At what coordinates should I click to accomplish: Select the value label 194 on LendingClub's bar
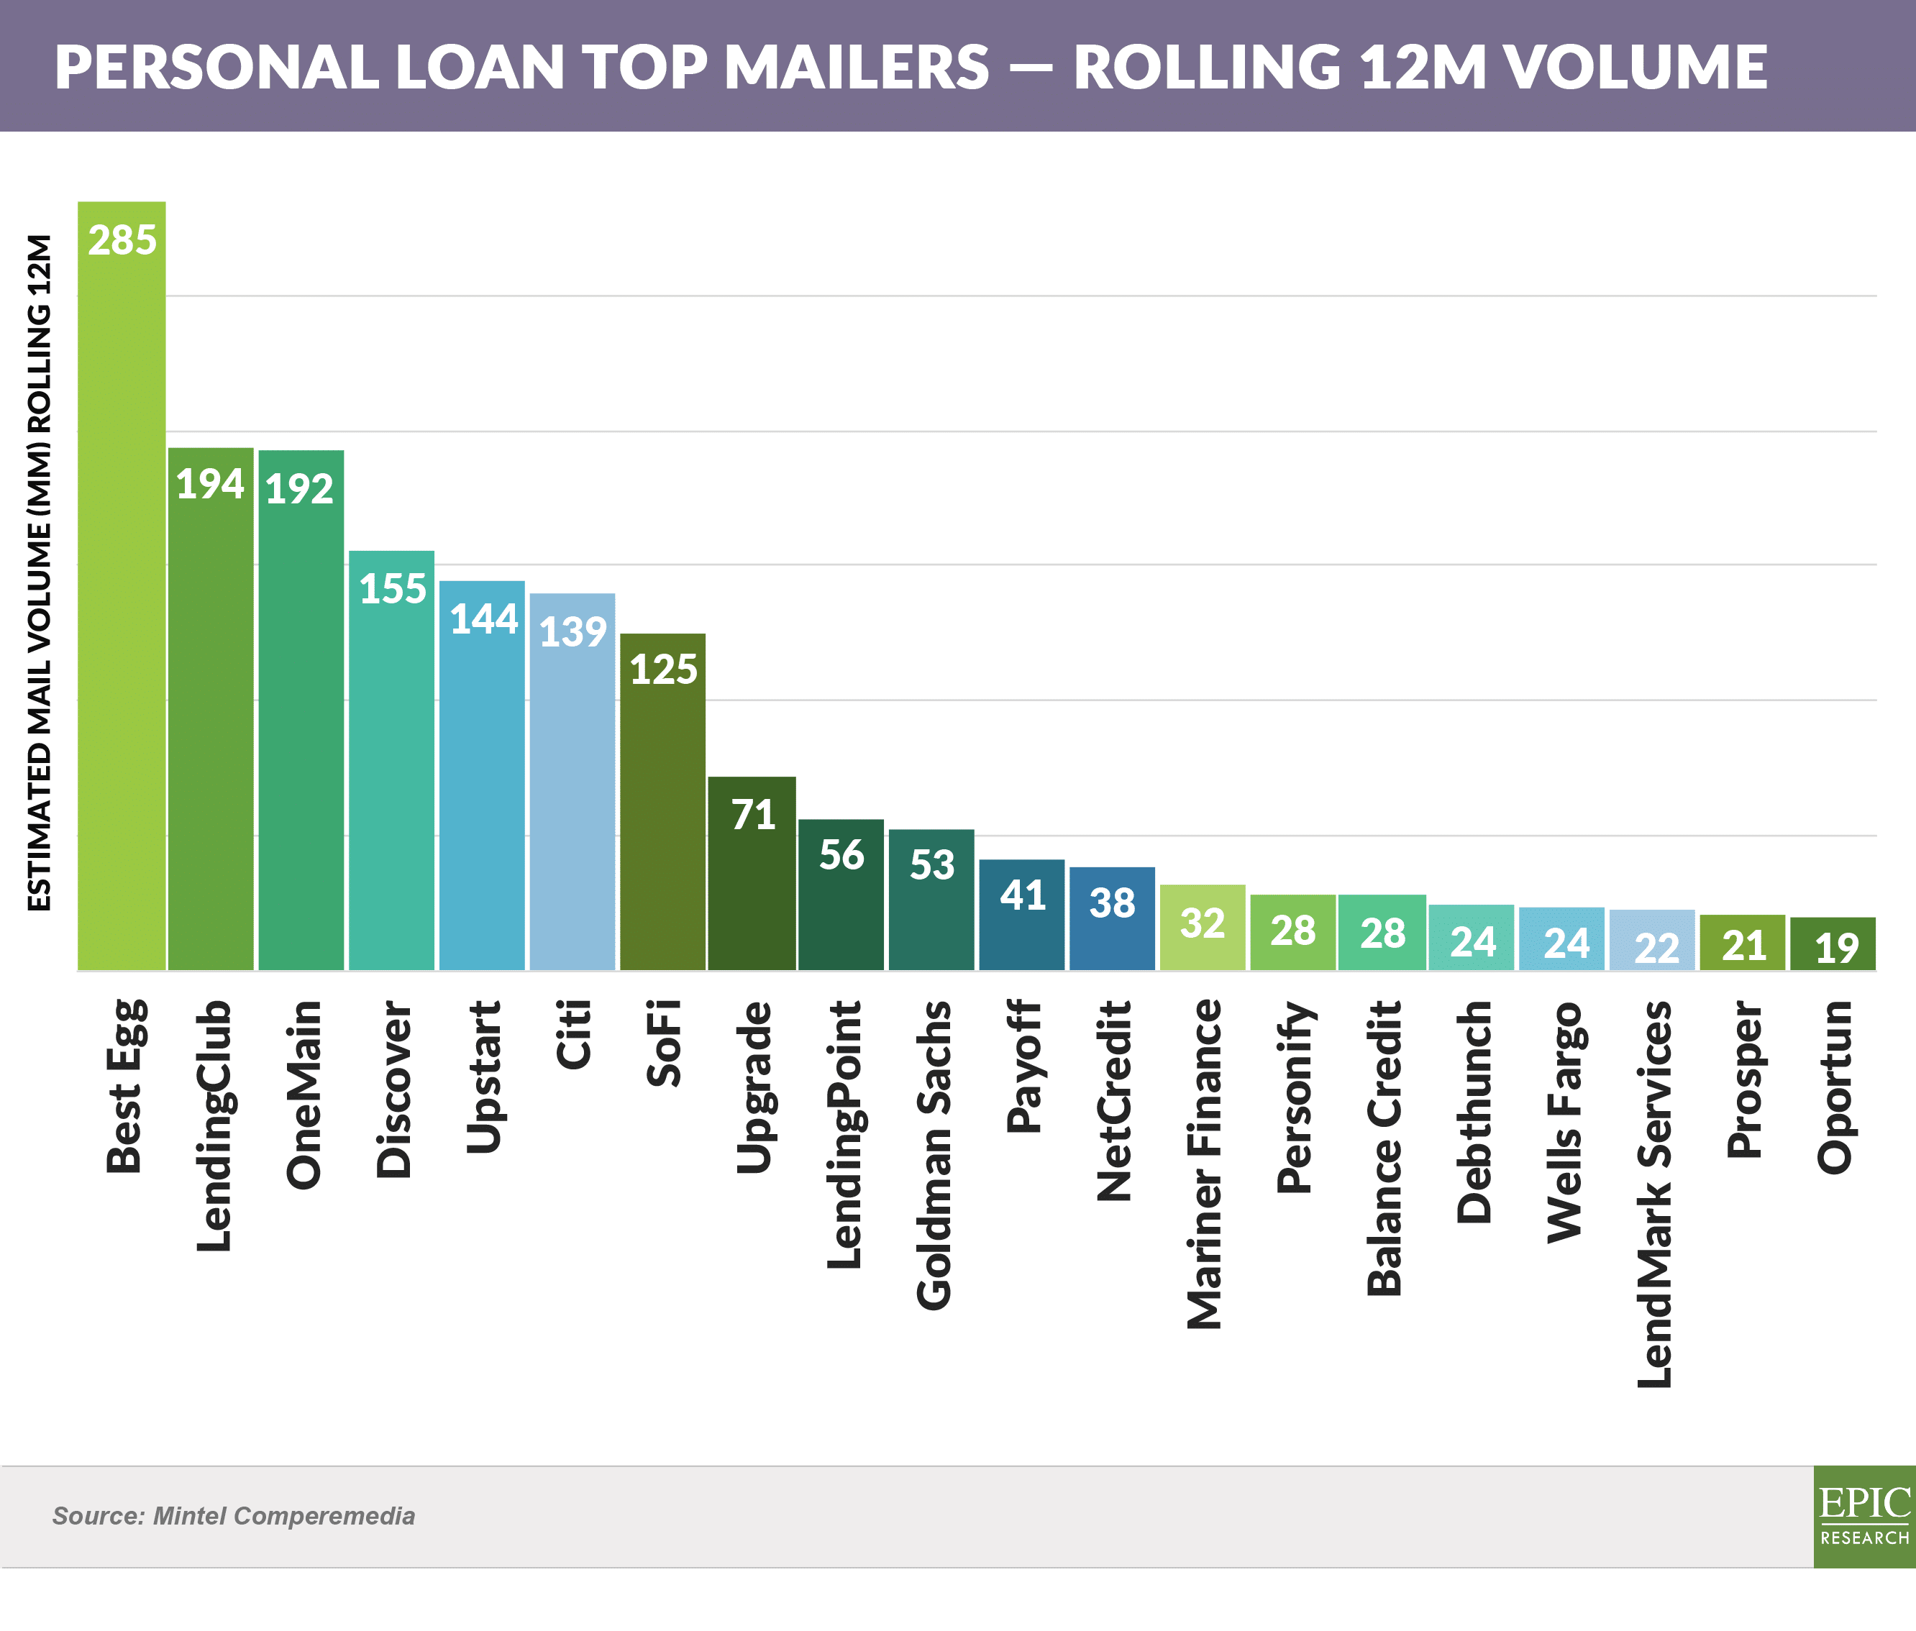210,483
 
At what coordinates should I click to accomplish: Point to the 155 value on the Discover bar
392,589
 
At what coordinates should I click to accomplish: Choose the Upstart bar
482,786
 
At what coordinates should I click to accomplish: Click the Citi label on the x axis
572,1035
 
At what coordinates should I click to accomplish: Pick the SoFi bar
662,813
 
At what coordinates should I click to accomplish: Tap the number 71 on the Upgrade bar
753,815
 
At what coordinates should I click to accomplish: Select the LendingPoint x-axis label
844,1135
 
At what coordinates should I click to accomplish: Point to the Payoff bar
1022,925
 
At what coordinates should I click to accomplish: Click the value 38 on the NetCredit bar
1111,903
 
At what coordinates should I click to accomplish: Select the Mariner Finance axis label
1203,1164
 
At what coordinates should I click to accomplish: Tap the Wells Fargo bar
1562,943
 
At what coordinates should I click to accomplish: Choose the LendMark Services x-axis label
1654,1194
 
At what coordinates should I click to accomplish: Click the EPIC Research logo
1864,1517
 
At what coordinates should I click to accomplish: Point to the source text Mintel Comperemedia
233,1517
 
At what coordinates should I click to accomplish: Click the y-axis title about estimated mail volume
39,573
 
